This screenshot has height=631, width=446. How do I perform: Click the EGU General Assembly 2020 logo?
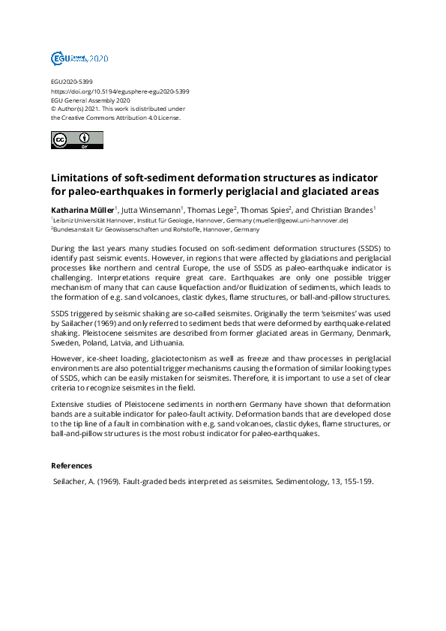(79, 58)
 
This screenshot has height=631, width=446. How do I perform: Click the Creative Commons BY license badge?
(76, 140)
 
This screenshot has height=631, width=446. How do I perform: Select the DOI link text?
(120, 91)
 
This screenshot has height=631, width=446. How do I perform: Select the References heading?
(72, 465)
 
